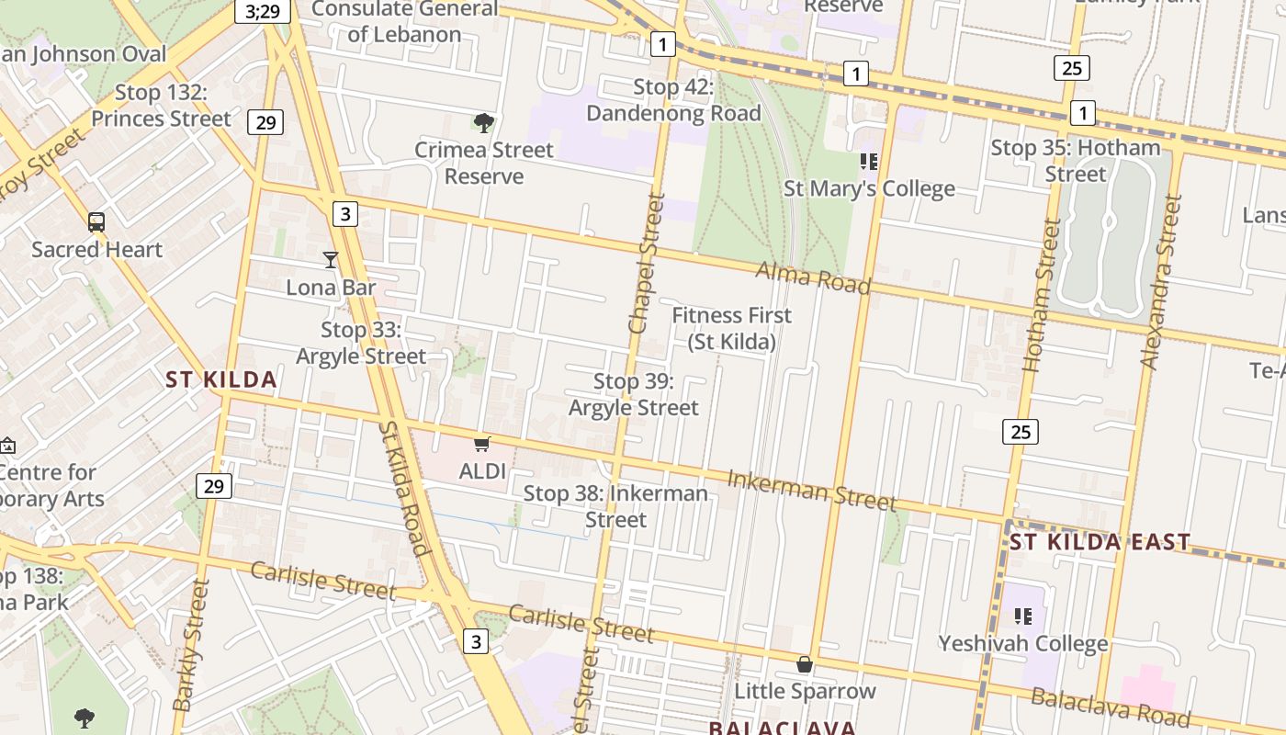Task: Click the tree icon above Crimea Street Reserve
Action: click(x=483, y=122)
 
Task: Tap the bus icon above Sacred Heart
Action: click(x=96, y=221)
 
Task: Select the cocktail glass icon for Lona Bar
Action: click(x=331, y=260)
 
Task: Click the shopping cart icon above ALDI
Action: click(x=482, y=445)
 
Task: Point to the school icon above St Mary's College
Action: click(x=869, y=162)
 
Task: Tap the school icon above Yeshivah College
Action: click(x=1023, y=616)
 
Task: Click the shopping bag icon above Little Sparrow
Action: click(x=805, y=663)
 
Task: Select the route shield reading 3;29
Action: click(x=263, y=11)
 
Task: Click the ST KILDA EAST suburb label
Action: click(x=1100, y=542)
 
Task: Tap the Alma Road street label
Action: click(x=812, y=277)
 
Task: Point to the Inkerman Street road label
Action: click(x=811, y=490)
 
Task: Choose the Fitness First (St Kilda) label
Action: click(x=731, y=328)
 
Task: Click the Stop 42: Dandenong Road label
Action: click(x=673, y=100)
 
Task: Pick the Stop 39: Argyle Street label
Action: click(x=634, y=394)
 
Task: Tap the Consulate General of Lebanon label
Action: click(x=404, y=21)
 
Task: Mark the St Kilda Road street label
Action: click(x=404, y=489)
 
